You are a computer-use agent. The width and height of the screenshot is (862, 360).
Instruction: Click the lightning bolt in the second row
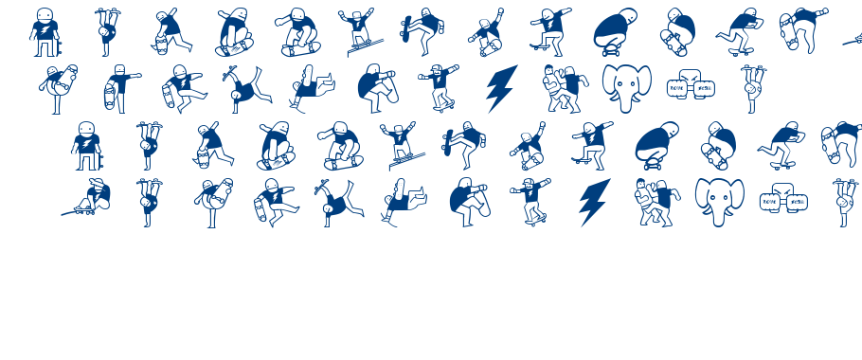pyautogui.click(x=501, y=88)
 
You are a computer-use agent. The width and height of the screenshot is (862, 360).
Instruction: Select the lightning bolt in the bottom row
pyautogui.click(x=594, y=202)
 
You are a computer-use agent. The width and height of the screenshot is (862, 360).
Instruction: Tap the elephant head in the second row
pyautogui.click(x=626, y=88)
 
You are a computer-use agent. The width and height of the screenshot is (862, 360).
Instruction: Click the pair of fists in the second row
pyautogui.click(x=691, y=89)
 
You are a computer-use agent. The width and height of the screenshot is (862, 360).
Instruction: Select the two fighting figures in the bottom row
pyautogui.click(x=655, y=202)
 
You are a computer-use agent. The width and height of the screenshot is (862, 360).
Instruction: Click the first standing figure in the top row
pyautogui.click(x=44, y=32)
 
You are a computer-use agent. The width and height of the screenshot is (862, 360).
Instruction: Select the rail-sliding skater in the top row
pyautogui.click(x=358, y=32)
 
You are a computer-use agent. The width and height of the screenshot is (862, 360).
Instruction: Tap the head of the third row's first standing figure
pyautogui.click(x=86, y=129)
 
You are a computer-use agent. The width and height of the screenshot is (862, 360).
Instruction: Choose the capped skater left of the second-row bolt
pyautogui.click(x=440, y=87)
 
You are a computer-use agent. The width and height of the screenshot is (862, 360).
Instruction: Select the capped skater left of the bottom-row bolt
pyautogui.click(x=532, y=201)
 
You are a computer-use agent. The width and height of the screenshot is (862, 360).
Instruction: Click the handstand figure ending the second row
pyautogui.click(x=753, y=89)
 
